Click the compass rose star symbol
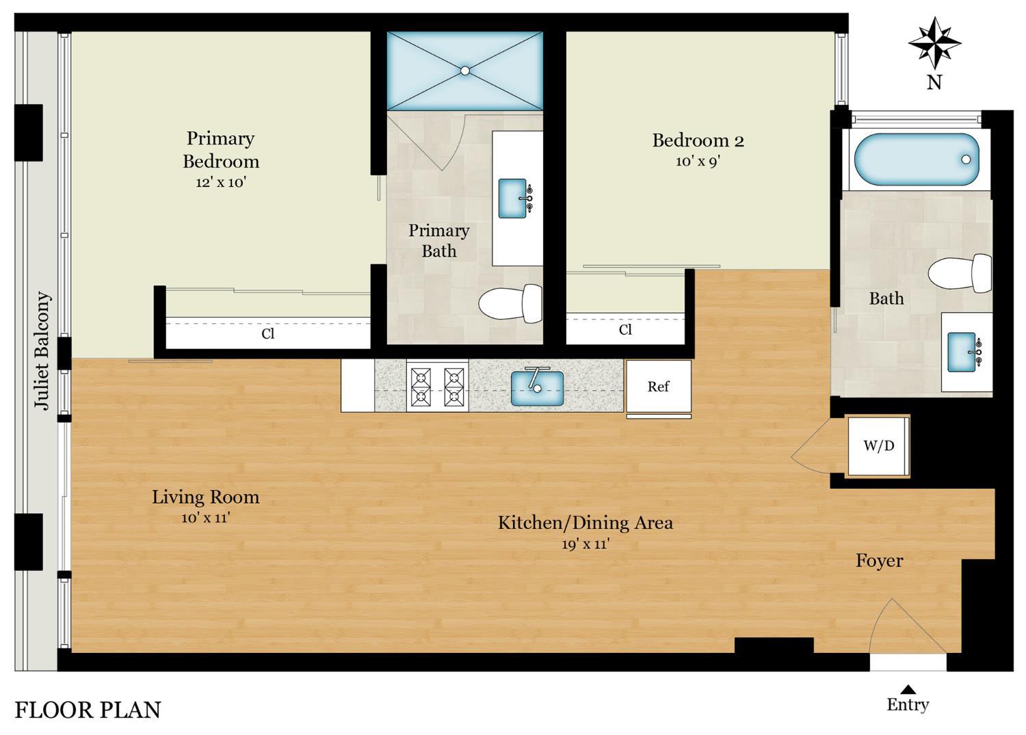click(x=934, y=43)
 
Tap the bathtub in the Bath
click(x=917, y=159)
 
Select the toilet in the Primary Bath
click(x=510, y=303)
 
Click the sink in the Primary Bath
click(x=515, y=198)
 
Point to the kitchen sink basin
click(x=537, y=388)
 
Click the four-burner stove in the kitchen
click(x=438, y=386)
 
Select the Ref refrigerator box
click(x=659, y=386)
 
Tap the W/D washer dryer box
click(x=878, y=446)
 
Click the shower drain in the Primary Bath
click(x=465, y=70)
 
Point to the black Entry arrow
click(x=908, y=690)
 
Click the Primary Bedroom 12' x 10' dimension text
click(x=221, y=182)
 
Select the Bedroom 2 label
click(x=698, y=140)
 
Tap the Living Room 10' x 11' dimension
click(x=206, y=518)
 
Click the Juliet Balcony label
click(x=42, y=350)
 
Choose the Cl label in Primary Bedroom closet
click(x=268, y=333)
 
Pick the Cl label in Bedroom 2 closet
click(x=625, y=329)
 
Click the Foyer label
click(x=880, y=561)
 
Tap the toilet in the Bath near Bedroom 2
click(x=960, y=273)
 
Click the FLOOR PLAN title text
click(x=88, y=710)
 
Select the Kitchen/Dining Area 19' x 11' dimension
click(x=586, y=544)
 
